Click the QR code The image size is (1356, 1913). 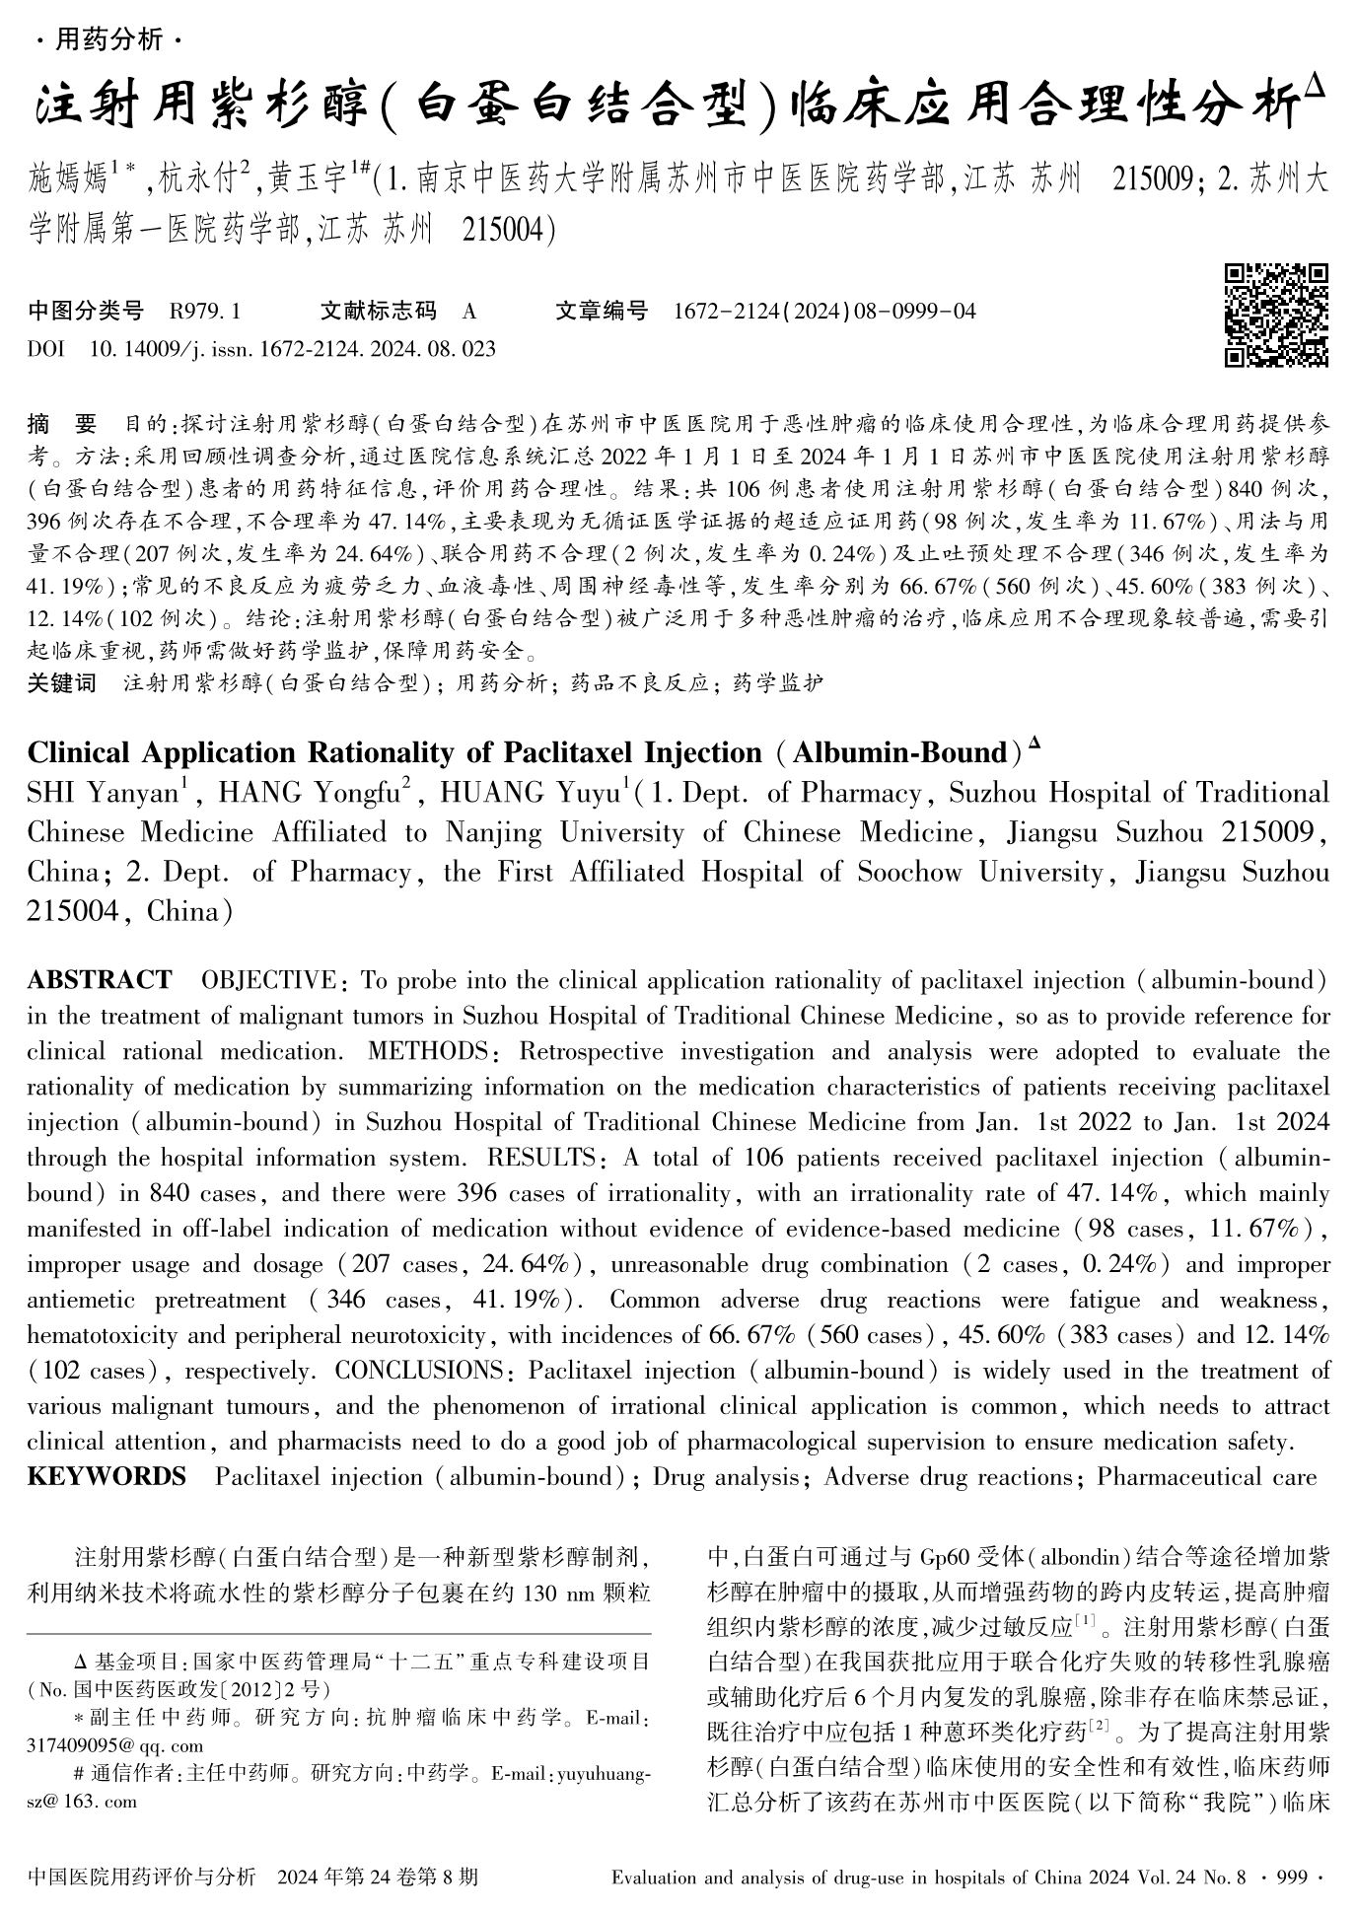(1275, 316)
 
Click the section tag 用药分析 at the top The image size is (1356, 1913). (108, 40)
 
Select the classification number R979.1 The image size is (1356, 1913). (205, 312)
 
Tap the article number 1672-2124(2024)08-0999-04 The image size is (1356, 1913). (824, 312)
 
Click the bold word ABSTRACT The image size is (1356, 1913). (100, 980)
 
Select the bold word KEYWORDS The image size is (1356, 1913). (107, 1477)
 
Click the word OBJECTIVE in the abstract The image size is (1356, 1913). (269, 980)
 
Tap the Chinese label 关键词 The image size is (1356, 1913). (62, 683)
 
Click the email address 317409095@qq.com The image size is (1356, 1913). (83, 1743)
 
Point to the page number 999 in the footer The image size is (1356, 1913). (1290, 1877)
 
